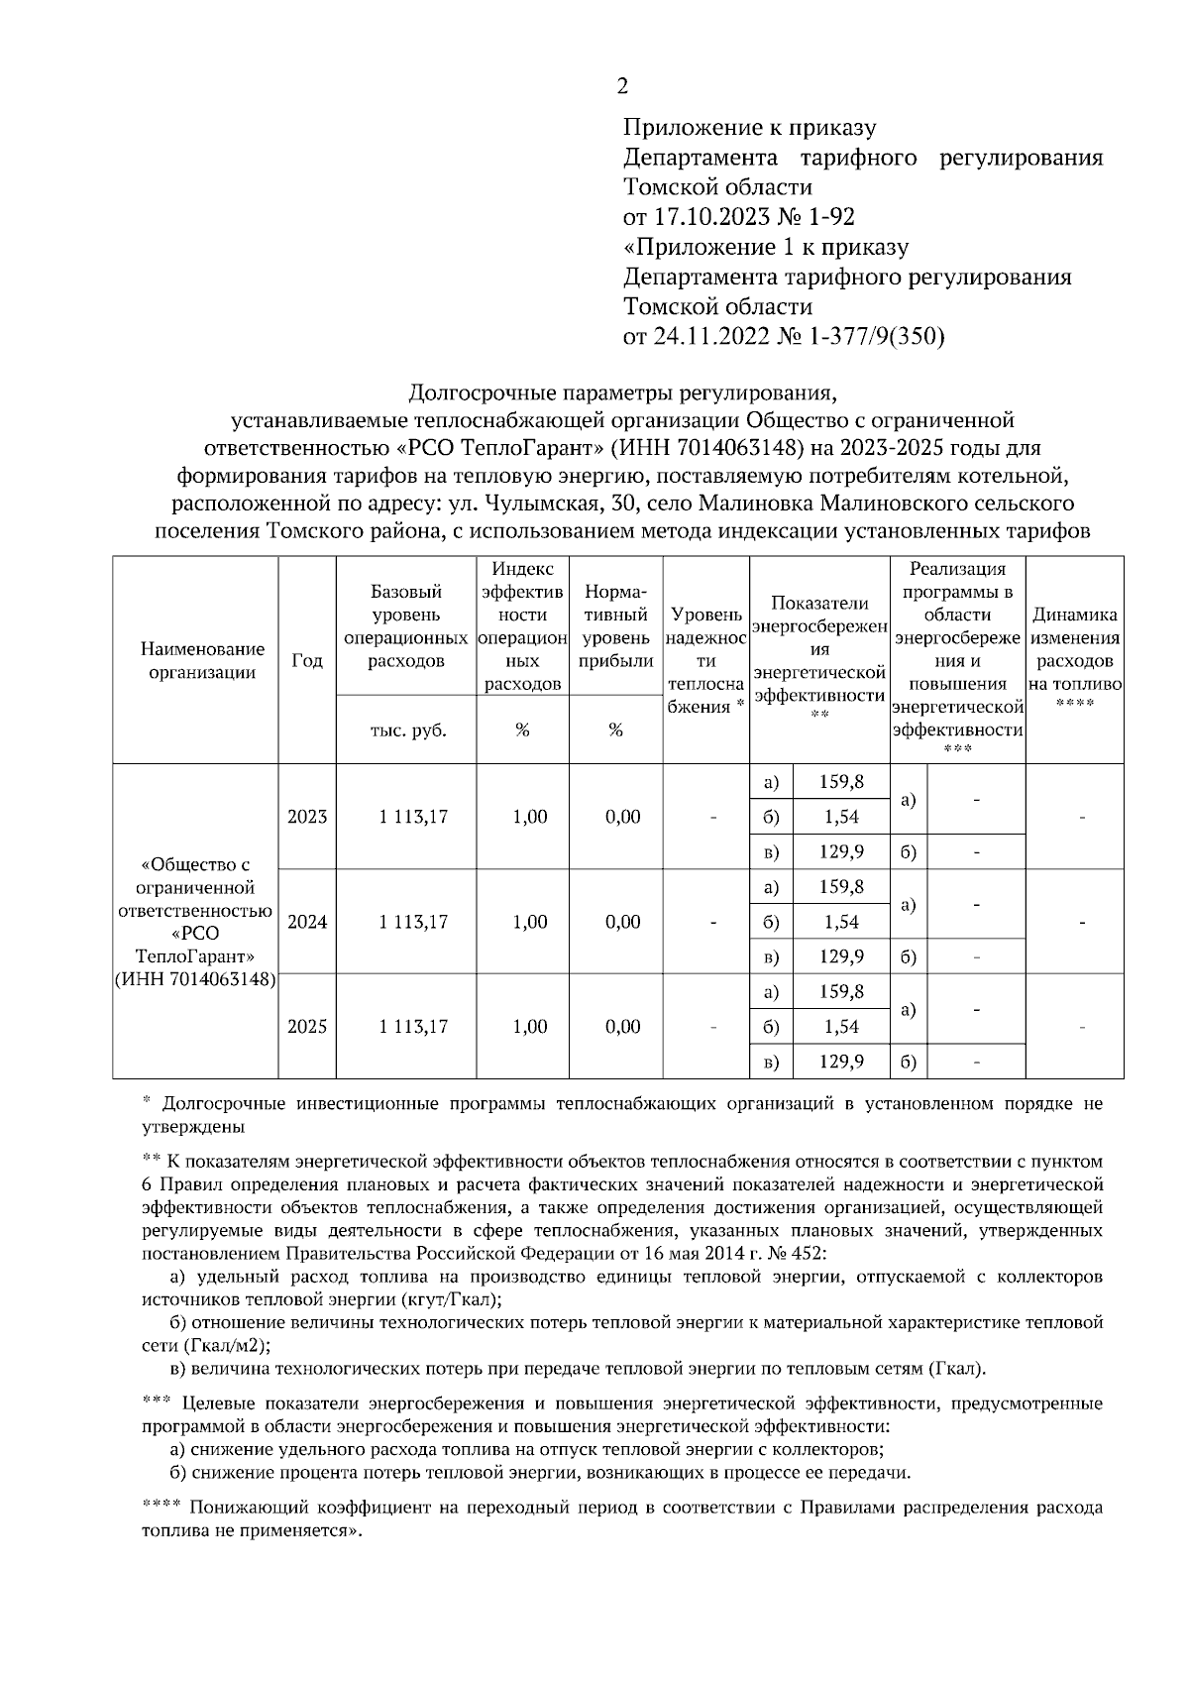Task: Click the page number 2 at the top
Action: click(622, 86)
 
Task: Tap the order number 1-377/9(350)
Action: click(877, 336)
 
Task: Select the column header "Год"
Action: click(307, 661)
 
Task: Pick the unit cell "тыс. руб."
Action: click(407, 730)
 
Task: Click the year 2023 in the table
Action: click(307, 817)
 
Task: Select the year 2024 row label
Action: click(307, 922)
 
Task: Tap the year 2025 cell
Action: click(307, 1027)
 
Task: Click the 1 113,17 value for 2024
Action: click(413, 922)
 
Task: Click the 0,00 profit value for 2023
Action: click(622, 817)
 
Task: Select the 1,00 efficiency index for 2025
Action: click(530, 1027)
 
